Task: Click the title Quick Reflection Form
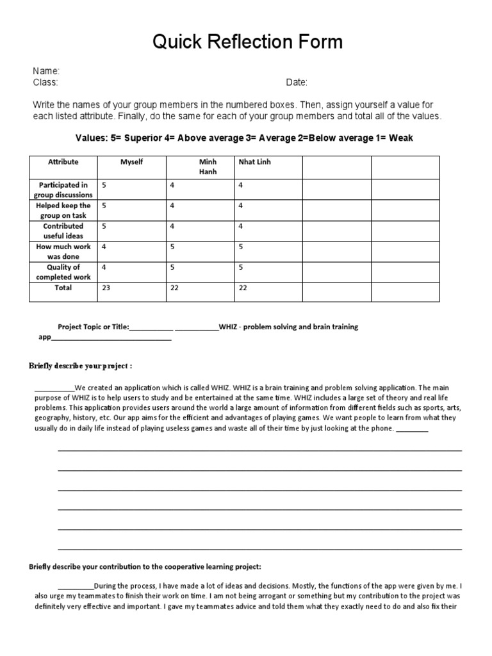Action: (x=247, y=42)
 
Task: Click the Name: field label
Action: (x=46, y=71)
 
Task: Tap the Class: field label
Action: (x=45, y=83)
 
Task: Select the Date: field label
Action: (x=297, y=83)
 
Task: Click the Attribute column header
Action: (x=63, y=162)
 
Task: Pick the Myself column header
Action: (x=131, y=162)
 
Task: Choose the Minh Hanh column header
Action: (x=208, y=167)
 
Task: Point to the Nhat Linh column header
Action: (x=254, y=162)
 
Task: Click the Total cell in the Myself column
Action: (x=106, y=288)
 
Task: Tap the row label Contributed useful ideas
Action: (x=63, y=231)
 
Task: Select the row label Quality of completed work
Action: (x=63, y=272)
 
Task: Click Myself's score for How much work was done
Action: (x=104, y=247)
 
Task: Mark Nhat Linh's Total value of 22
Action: (x=243, y=288)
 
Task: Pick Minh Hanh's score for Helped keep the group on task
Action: (x=172, y=206)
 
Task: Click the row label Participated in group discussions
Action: (x=63, y=190)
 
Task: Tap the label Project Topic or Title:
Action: (x=93, y=327)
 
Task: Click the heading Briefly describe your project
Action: (x=81, y=366)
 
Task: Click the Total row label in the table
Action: (x=63, y=288)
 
